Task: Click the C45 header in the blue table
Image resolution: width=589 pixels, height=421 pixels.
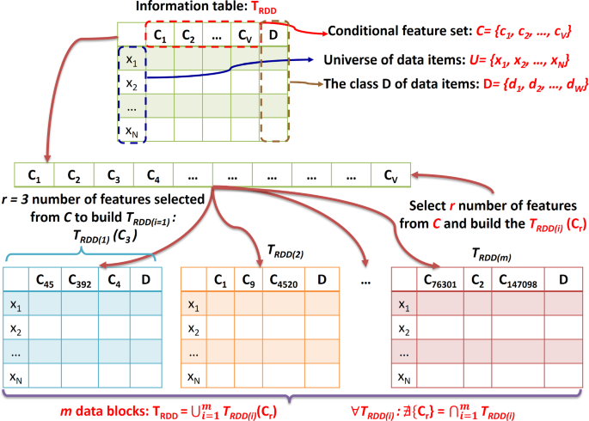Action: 46,279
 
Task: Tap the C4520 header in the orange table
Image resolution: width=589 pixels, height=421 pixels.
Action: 280,279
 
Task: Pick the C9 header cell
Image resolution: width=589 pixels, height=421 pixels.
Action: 246,279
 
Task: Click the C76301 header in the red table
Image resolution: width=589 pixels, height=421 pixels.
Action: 438,279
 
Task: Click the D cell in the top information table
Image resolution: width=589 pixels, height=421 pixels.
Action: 273,35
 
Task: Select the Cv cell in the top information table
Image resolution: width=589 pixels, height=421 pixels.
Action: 243,35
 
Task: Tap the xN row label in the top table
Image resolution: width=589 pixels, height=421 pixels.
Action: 132,132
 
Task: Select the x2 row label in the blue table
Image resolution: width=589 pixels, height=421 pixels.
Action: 16,329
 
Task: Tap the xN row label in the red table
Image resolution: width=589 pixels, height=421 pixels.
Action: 402,375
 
